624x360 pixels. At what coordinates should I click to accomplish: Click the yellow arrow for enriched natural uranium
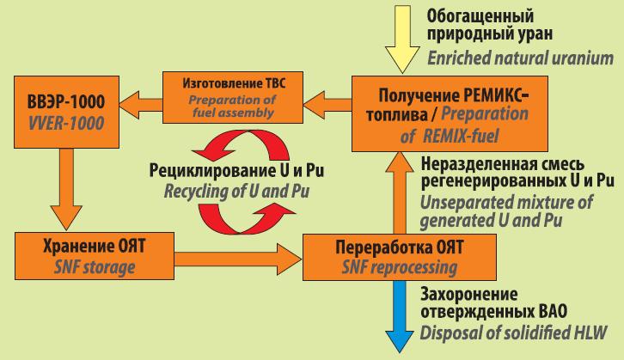click(402, 39)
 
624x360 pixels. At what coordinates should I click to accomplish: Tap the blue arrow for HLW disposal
click(400, 316)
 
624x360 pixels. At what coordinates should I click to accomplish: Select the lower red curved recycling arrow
click(242, 219)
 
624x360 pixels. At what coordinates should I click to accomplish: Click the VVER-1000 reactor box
click(66, 113)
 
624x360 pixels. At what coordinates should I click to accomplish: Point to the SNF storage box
click(95, 256)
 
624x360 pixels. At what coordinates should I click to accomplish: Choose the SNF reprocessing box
click(400, 258)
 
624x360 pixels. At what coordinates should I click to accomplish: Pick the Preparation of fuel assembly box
click(233, 97)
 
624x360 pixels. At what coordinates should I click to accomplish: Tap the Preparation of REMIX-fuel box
click(450, 114)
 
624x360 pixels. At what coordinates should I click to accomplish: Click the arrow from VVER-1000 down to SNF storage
click(66, 189)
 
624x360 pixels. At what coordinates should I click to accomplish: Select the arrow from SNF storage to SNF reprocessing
click(238, 259)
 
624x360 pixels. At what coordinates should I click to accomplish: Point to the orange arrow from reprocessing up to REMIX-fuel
click(400, 193)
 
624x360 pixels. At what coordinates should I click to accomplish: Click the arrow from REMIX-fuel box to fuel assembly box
click(327, 105)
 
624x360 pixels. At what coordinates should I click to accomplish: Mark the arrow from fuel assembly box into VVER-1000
click(141, 105)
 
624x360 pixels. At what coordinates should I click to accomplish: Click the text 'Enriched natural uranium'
click(521, 58)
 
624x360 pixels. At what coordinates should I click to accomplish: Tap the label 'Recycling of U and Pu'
click(236, 192)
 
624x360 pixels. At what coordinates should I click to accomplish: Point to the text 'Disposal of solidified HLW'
click(513, 333)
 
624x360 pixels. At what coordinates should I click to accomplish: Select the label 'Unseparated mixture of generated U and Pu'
click(506, 211)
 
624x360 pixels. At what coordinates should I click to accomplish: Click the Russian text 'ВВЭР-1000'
click(66, 102)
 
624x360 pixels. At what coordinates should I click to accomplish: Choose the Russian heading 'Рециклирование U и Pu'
click(236, 171)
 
